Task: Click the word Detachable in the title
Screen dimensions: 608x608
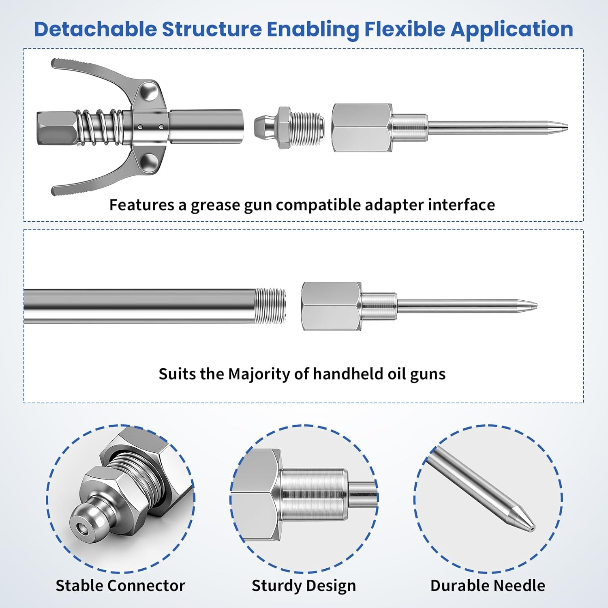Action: (95, 29)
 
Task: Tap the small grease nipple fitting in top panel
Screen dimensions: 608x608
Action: (289, 127)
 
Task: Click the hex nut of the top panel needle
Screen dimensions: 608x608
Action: (362, 127)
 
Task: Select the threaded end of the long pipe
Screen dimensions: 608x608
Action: (270, 306)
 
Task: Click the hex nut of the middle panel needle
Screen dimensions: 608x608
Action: (332, 306)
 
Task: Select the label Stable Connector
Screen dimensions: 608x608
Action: (120, 586)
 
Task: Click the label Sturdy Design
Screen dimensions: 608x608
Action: (304, 586)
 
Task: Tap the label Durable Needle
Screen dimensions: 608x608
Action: (488, 586)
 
